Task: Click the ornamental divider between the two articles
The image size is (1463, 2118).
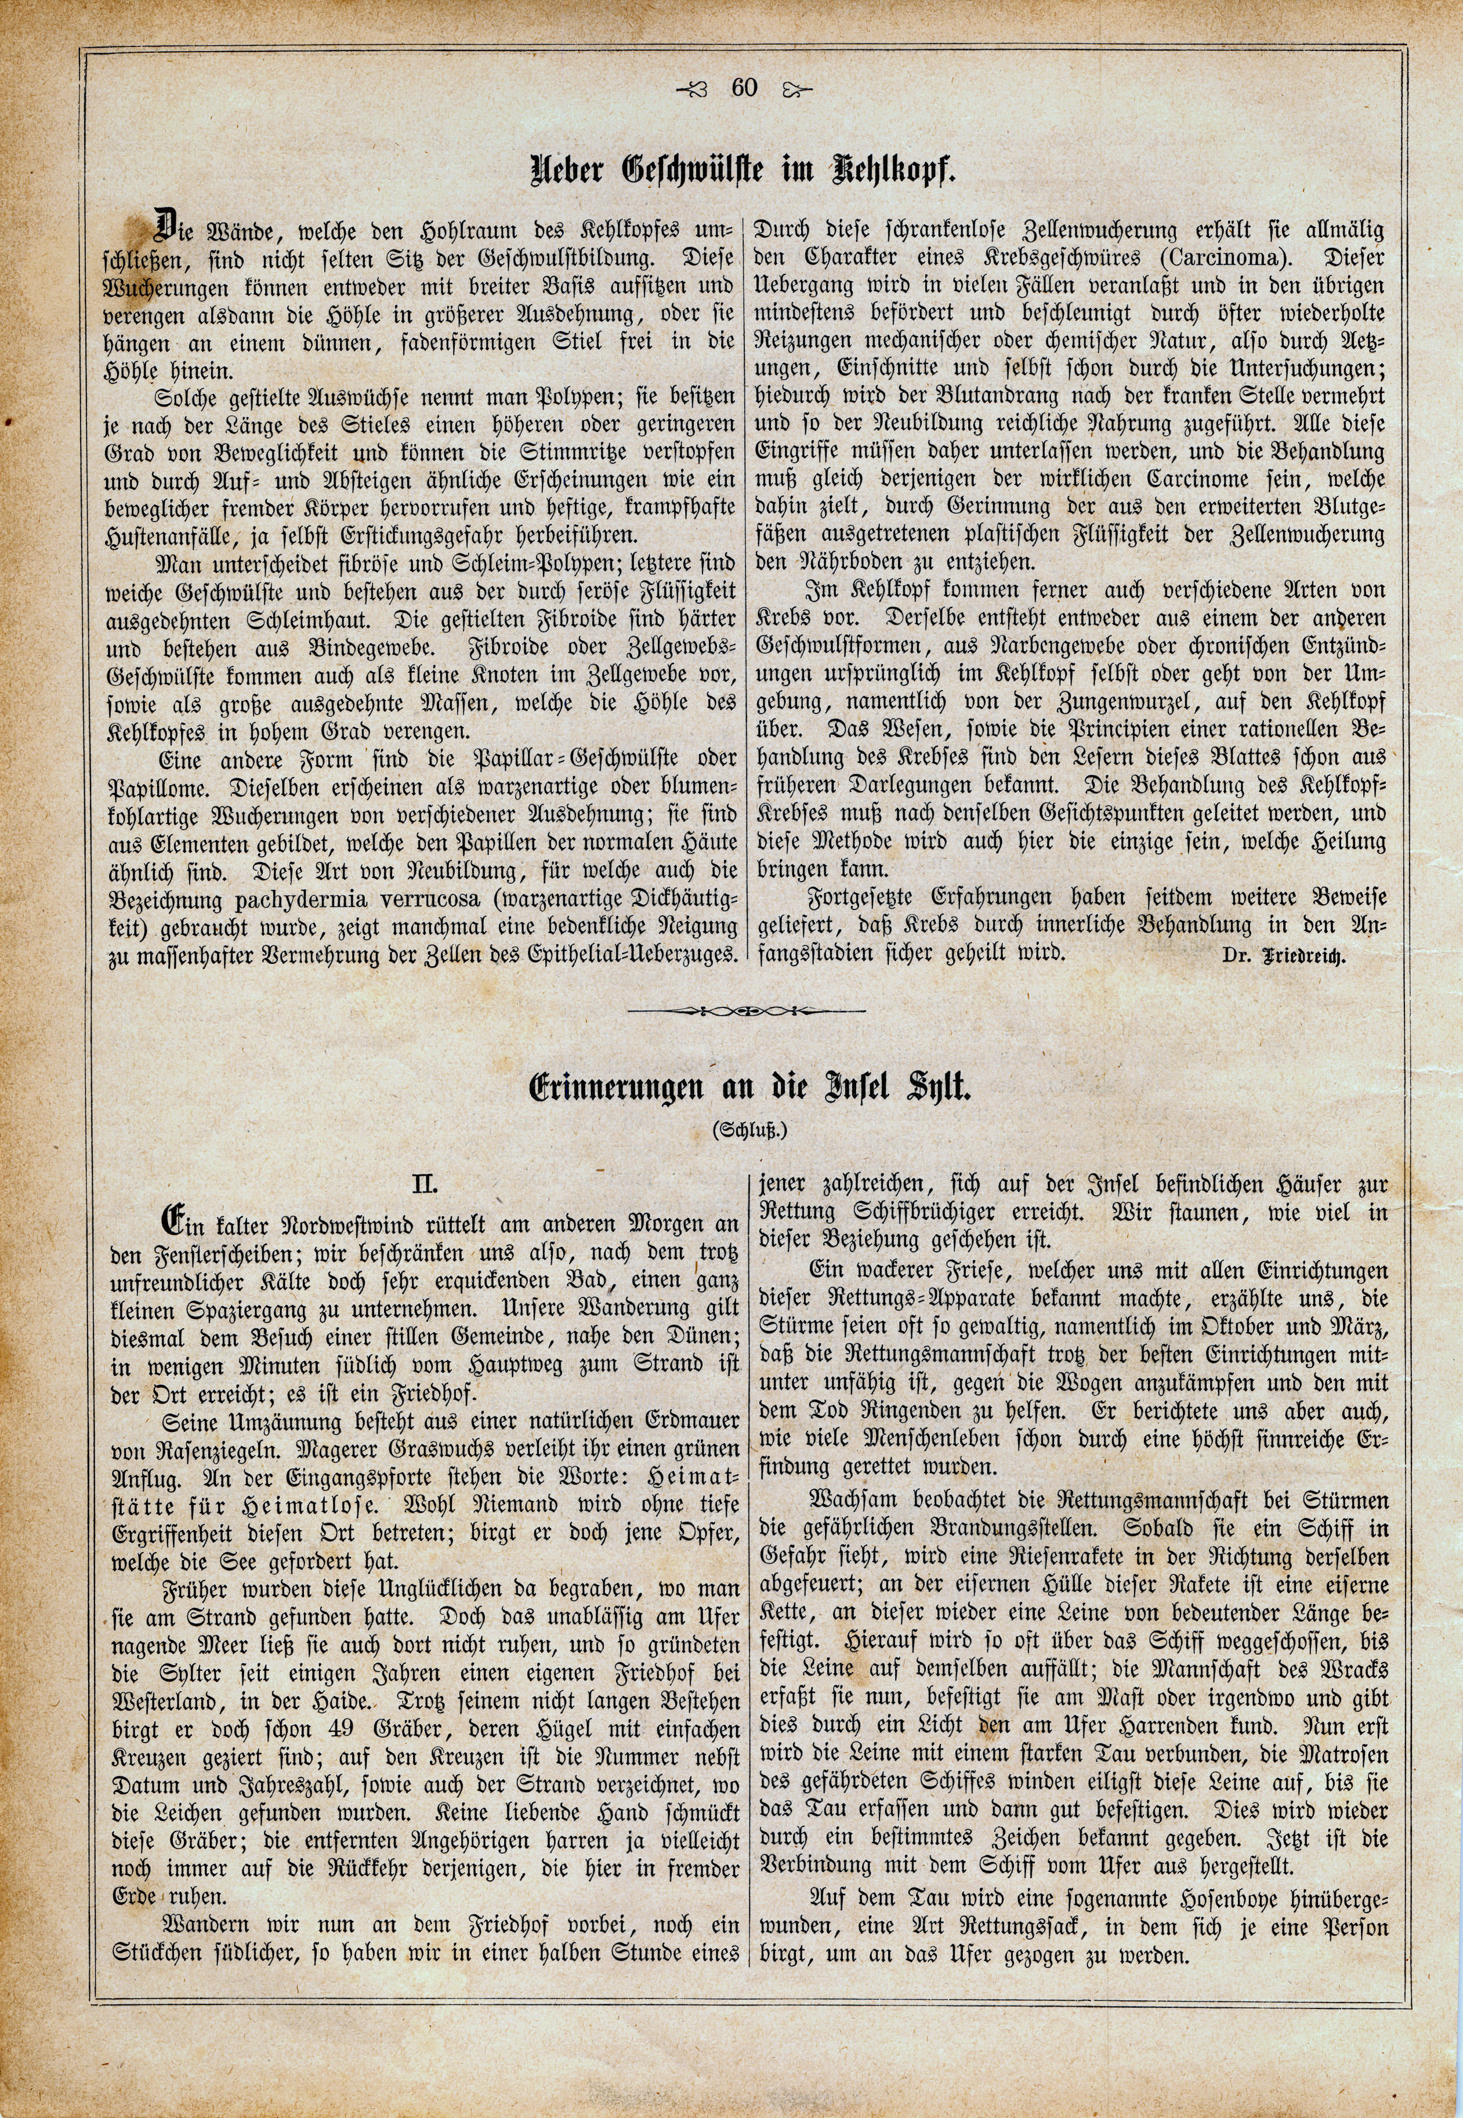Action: point(748,1013)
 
